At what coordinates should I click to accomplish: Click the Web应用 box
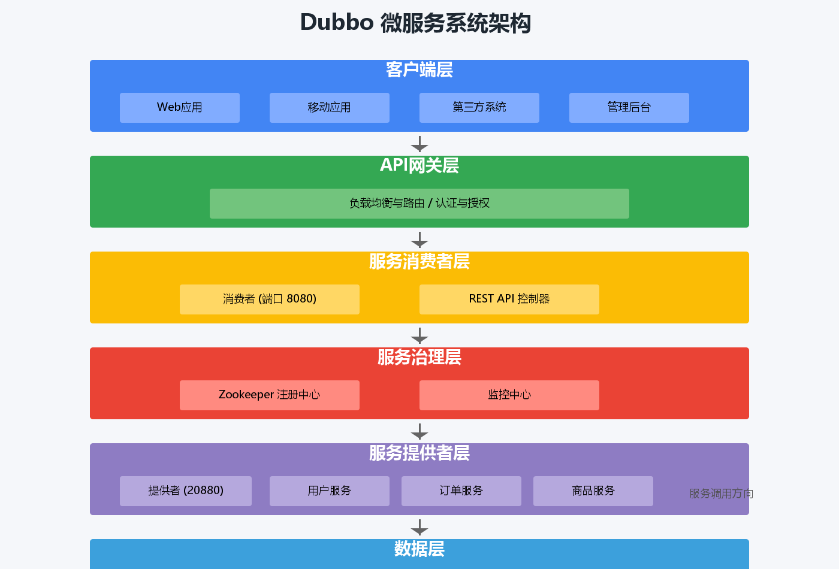coord(180,108)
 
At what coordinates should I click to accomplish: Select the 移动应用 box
coord(330,108)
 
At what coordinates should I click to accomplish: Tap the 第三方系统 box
coord(479,108)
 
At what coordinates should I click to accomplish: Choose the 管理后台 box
coord(629,108)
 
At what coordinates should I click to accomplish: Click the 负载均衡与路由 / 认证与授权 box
coord(419,204)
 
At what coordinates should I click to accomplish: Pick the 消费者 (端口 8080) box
coord(270,299)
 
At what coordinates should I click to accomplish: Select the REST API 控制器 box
coord(509,299)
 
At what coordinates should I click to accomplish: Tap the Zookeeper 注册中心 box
coord(270,395)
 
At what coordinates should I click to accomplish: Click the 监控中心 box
coord(509,395)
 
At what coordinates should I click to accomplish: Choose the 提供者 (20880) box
coord(186,491)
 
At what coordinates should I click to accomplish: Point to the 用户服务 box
coord(330,491)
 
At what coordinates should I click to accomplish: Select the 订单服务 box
coord(461,491)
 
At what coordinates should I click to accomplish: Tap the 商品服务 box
coord(593,491)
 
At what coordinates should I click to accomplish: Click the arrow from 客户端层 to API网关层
coord(419,144)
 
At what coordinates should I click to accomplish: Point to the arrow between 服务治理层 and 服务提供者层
coord(419,432)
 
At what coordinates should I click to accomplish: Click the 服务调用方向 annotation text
coord(721,494)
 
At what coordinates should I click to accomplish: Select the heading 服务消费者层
coord(419,262)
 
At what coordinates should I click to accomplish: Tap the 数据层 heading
coord(419,549)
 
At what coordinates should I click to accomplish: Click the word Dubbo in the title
coord(337,23)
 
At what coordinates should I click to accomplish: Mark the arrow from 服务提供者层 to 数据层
coord(419,528)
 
